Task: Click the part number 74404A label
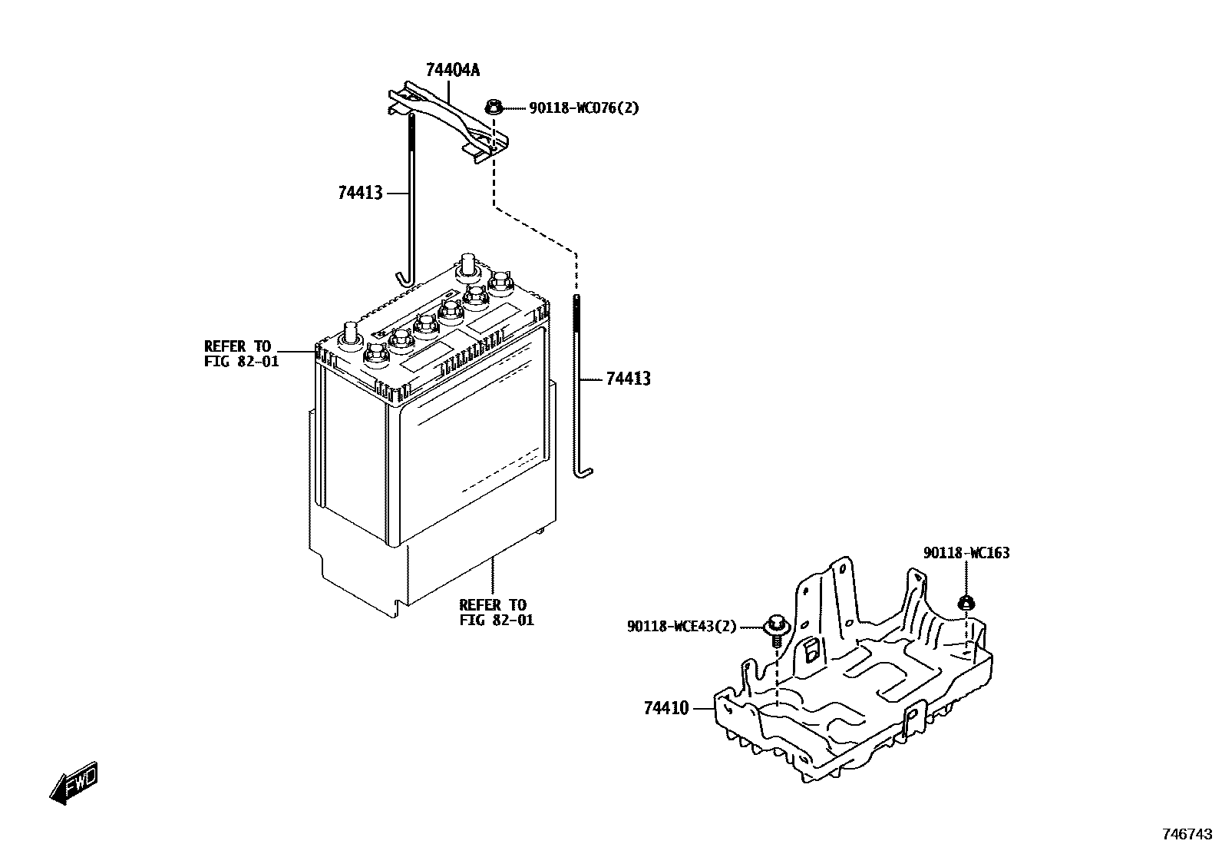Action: (453, 71)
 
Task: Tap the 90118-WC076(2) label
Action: (583, 108)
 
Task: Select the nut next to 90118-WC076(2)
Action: (494, 107)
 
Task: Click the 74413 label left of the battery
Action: (360, 193)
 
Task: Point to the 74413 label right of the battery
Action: (628, 379)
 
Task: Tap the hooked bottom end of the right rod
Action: (583, 470)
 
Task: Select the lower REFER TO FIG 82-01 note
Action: (496, 612)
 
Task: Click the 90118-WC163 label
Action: (966, 553)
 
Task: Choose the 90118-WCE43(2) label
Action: (682, 627)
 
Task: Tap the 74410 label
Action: (666, 708)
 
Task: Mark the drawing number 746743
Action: (1187, 833)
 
